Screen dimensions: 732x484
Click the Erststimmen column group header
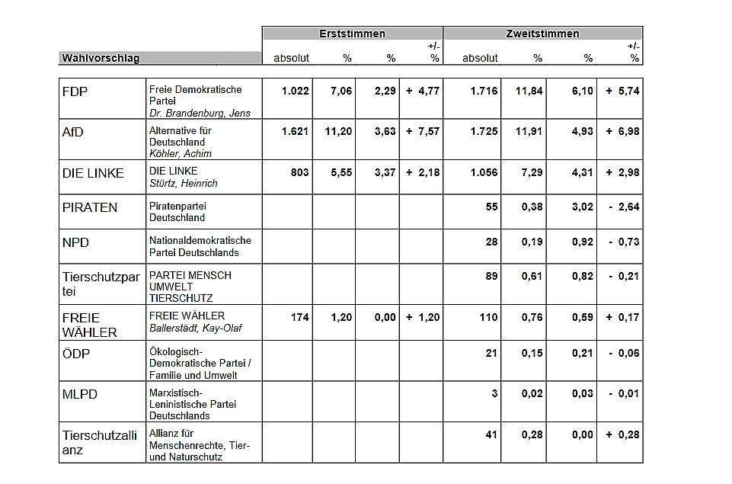352,34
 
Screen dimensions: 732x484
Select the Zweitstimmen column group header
542,34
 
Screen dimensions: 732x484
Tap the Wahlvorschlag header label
101,59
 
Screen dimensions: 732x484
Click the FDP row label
75,91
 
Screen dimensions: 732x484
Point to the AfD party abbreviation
73,132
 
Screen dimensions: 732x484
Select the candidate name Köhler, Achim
181,154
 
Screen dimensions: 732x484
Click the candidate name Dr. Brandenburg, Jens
200,113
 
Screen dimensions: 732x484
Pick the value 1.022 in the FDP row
295,91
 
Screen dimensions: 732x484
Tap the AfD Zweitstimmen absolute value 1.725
484,132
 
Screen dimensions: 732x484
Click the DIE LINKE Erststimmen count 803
299,172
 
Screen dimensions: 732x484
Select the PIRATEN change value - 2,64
624,207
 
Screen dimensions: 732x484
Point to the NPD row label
75,243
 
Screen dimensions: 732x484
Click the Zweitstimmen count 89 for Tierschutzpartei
491,276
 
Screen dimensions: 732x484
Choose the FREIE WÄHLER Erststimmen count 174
299,318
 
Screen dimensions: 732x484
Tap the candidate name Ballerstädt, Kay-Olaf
196,329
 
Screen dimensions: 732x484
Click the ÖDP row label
75,353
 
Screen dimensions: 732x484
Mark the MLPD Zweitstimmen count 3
494,394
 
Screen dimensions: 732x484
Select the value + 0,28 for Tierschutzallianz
623,435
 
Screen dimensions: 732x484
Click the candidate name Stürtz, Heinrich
184,184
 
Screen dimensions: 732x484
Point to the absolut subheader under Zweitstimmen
480,59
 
